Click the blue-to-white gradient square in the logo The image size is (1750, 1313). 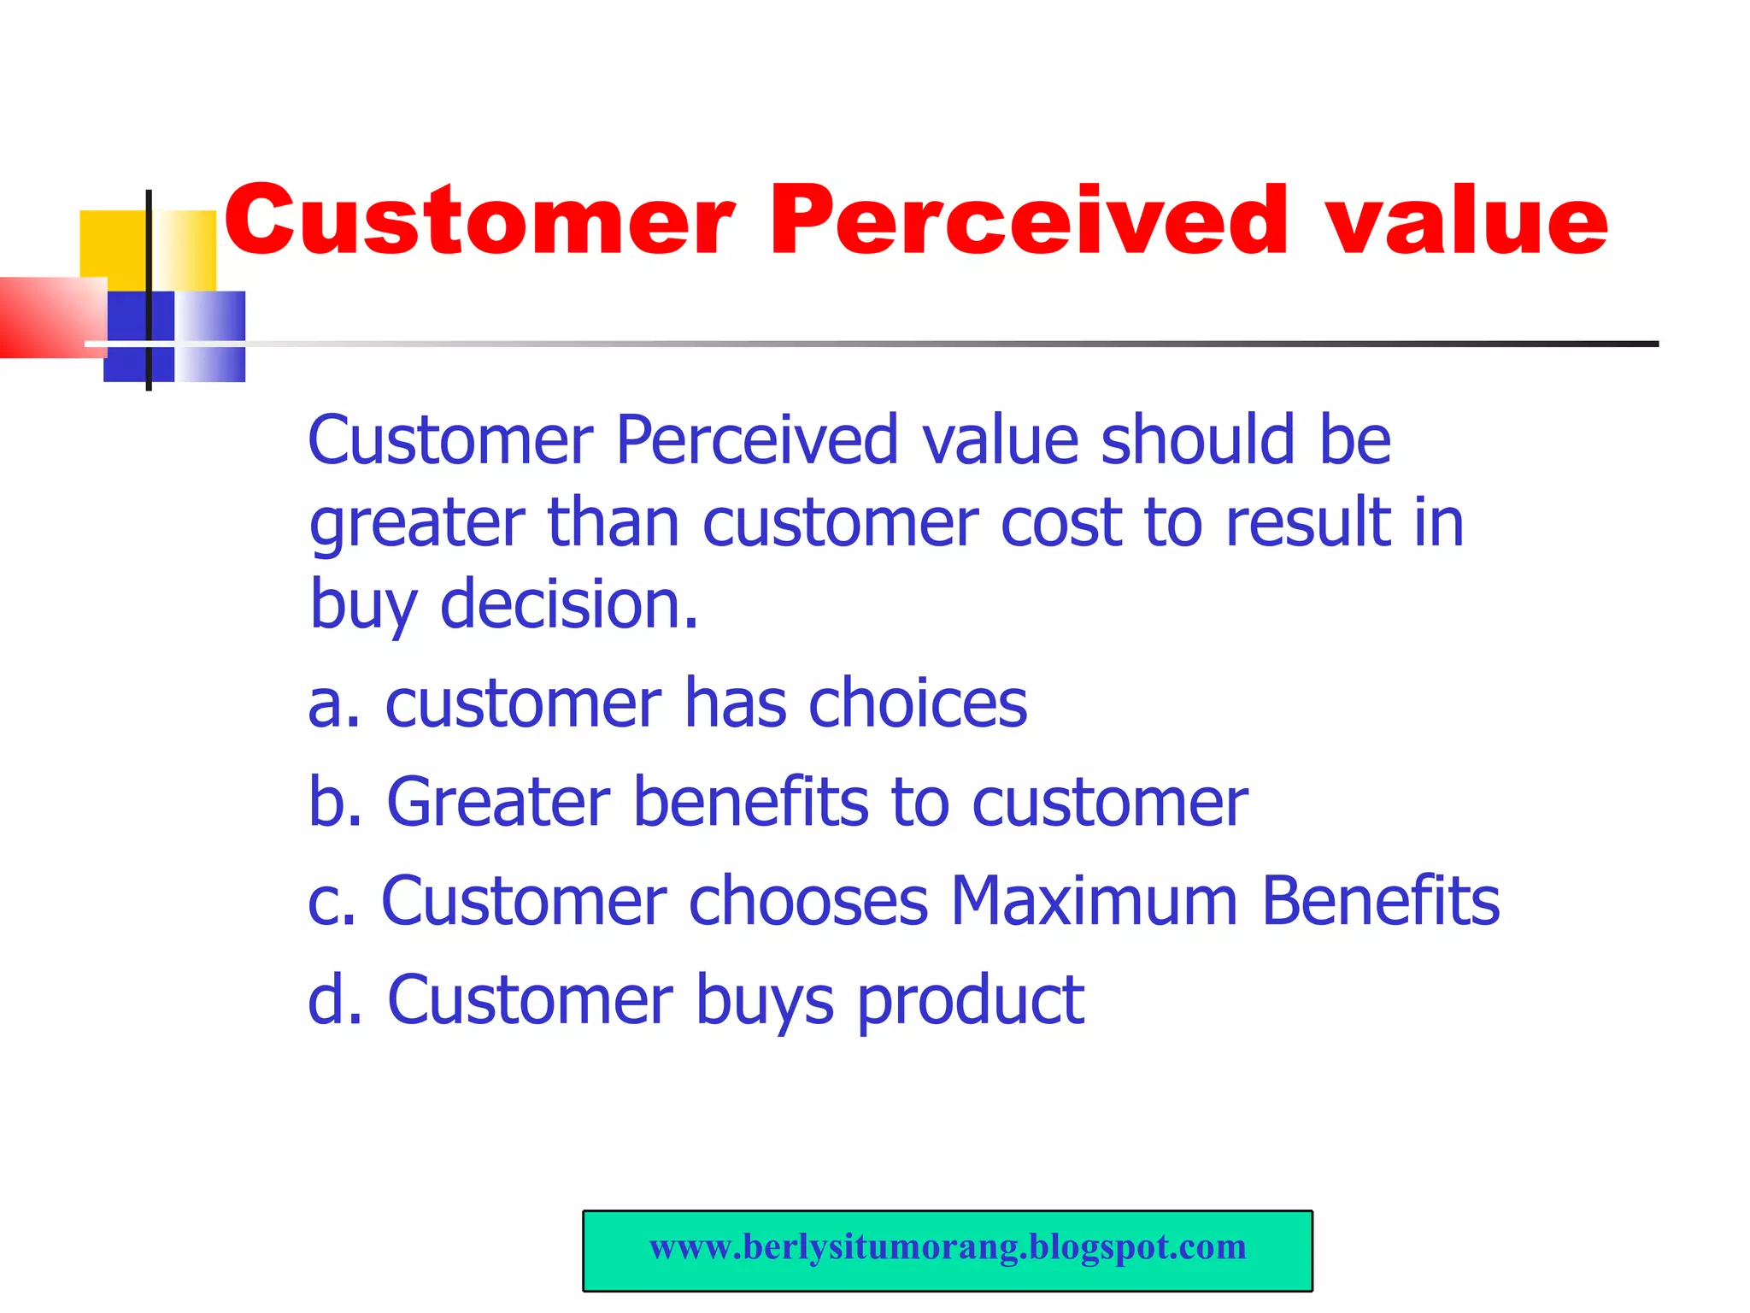(210, 335)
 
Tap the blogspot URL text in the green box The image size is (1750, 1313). (947, 1247)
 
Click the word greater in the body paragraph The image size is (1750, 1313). (417, 523)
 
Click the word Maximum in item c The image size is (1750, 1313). (1094, 901)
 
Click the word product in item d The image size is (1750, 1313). (970, 1001)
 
